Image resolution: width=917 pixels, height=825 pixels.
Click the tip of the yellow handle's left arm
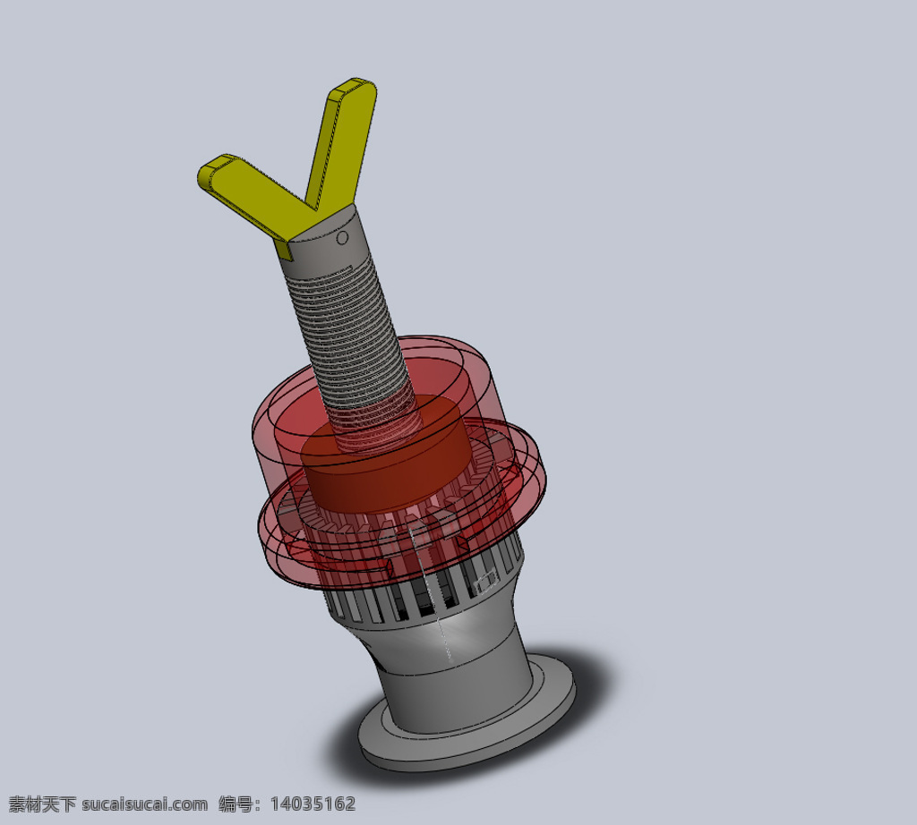[203, 173]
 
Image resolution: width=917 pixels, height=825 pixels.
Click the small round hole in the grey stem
[343, 237]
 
